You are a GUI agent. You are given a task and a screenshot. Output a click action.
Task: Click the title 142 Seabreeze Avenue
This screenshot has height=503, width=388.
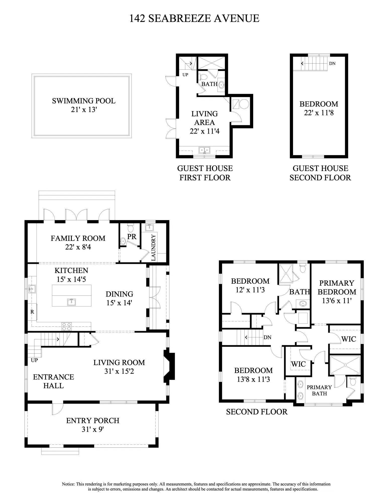click(x=194, y=18)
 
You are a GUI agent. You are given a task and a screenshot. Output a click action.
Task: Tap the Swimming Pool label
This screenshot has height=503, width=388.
click(x=84, y=101)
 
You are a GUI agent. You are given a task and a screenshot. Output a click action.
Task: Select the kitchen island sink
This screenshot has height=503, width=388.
click(x=72, y=302)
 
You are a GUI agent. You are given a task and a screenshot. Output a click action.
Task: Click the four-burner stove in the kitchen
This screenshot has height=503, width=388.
click(x=66, y=326)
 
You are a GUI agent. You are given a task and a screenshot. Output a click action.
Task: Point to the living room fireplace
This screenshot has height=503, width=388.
click(x=169, y=366)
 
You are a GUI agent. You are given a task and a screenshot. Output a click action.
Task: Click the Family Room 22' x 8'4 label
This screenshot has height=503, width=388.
click(x=78, y=242)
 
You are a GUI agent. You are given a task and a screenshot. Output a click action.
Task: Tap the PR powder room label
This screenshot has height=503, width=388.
click(x=132, y=237)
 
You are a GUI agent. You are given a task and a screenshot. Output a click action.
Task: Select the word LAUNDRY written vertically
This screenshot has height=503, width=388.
click(x=154, y=247)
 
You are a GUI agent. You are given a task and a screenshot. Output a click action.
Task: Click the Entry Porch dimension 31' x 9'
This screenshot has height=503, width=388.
click(x=93, y=429)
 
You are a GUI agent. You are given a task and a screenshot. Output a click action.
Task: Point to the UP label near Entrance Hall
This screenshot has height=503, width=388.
click(x=34, y=360)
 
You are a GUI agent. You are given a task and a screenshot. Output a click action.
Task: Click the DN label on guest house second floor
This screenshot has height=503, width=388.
click(x=332, y=63)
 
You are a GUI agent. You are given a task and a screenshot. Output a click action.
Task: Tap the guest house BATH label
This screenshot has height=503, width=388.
click(x=209, y=84)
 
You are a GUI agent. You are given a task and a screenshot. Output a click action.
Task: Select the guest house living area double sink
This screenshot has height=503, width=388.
click(x=204, y=150)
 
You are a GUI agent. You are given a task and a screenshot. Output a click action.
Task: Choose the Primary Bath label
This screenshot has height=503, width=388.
click(x=319, y=390)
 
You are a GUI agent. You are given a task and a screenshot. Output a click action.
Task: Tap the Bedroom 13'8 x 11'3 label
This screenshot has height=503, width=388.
click(x=253, y=374)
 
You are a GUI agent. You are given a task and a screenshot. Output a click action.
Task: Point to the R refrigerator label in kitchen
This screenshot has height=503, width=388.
click(x=32, y=312)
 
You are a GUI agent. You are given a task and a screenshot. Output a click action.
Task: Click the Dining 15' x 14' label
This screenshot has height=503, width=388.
click(x=119, y=298)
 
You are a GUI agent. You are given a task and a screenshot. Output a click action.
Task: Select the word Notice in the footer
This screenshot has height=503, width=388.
click(x=68, y=484)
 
